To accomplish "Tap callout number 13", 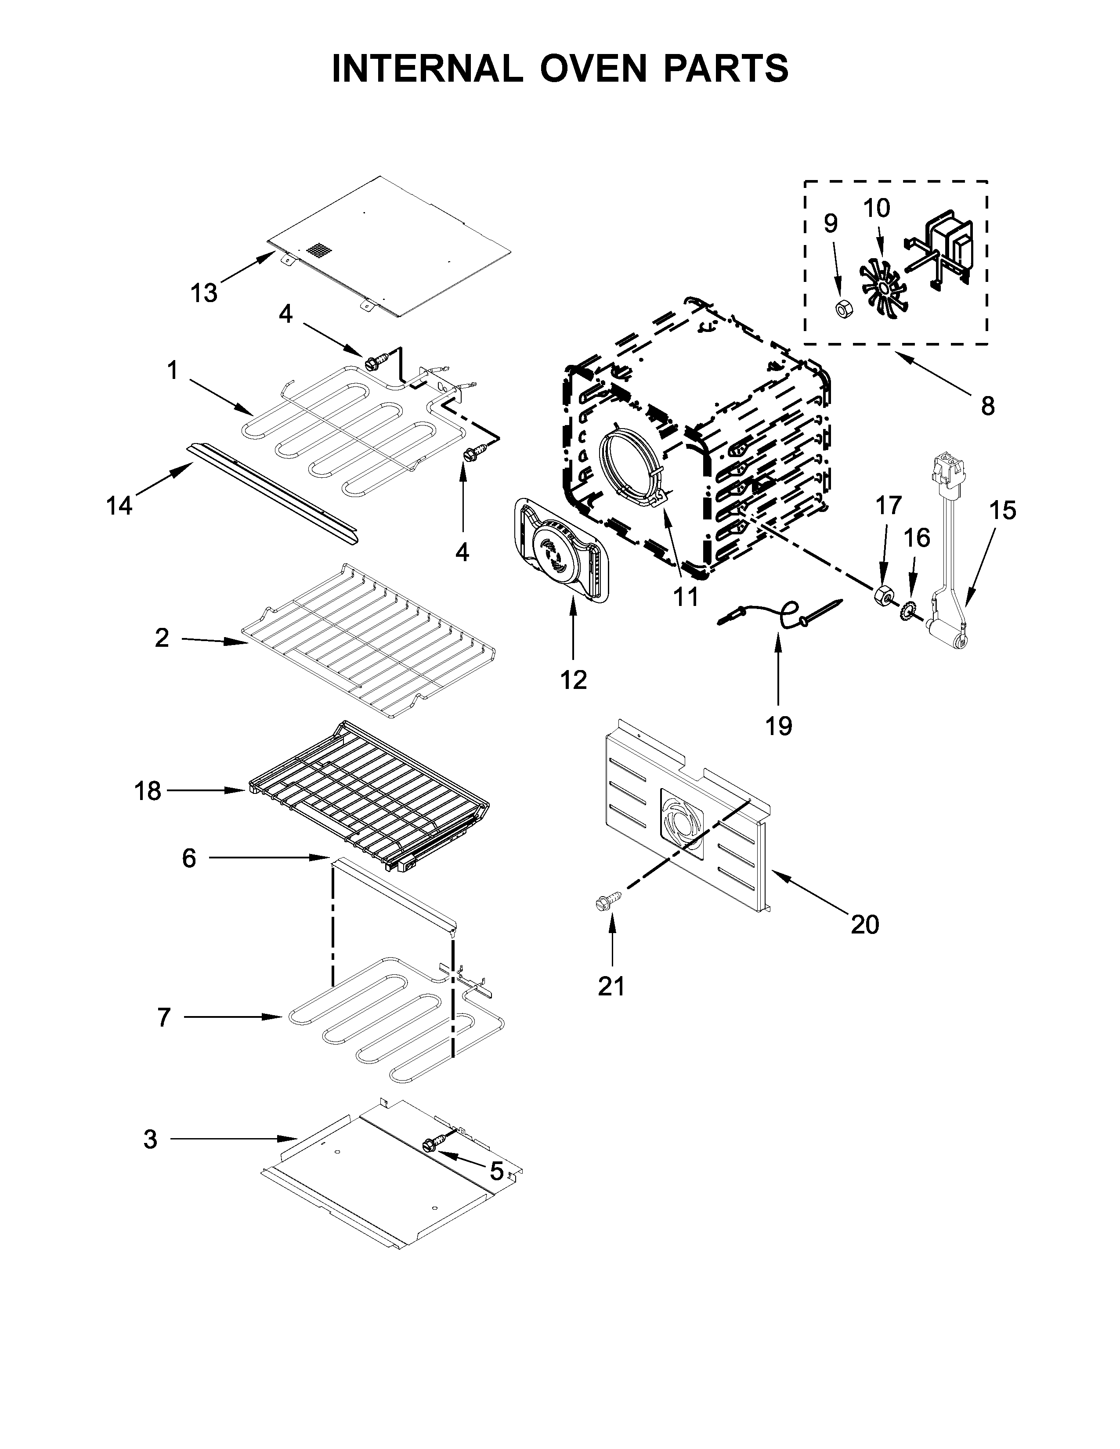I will pos(204,292).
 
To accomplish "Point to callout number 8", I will pos(987,405).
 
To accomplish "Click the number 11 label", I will pos(686,596).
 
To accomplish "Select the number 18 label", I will pos(147,791).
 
